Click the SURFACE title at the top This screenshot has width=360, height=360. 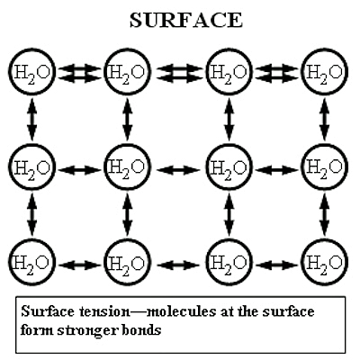(x=186, y=21)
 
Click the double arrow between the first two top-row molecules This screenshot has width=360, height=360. (x=80, y=73)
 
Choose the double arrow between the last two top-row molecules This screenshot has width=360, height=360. (x=277, y=73)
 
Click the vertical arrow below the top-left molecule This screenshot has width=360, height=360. (x=32, y=120)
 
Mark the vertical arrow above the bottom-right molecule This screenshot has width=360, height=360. (x=324, y=214)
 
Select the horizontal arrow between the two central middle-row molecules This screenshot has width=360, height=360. (x=178, y=170)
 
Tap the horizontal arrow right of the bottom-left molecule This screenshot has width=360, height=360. (x=80, y=265)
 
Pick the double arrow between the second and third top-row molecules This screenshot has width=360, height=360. (x=179, y=73)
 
